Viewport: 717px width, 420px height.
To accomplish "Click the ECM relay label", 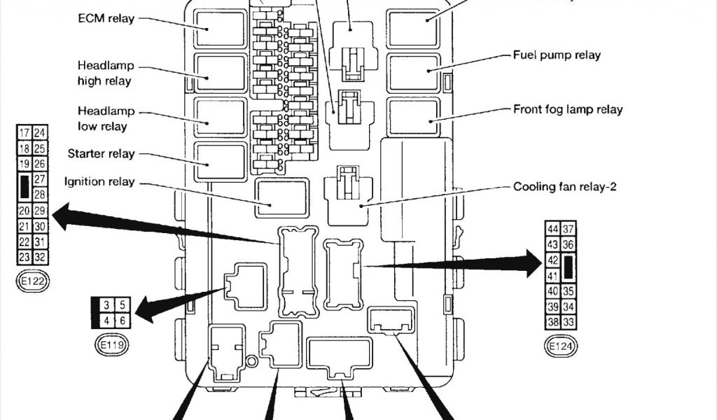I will (x=106, y=17).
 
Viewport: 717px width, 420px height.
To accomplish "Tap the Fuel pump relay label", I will (x=557, y=55).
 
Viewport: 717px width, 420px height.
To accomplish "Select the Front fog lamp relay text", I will (x=568, y=109).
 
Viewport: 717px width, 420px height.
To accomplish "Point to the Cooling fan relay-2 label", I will (x=564, y=187).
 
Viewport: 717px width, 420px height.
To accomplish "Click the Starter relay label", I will (x=102, y=153).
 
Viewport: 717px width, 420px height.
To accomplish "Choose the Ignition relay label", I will (x=99, y=182).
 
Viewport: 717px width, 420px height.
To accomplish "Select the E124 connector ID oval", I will (x=561, y=345).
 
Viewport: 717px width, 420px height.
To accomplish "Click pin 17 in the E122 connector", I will (x=24, y=133).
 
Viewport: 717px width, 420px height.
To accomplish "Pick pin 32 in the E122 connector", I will (x=40, y=257).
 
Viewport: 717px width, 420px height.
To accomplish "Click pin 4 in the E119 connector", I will (x=106, y=320).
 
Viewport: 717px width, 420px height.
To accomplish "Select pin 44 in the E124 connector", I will (x=552, y=229).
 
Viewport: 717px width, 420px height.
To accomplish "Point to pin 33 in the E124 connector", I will (x=569, y=323).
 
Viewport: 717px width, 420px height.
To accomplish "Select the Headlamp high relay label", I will (x=105, y=73).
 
